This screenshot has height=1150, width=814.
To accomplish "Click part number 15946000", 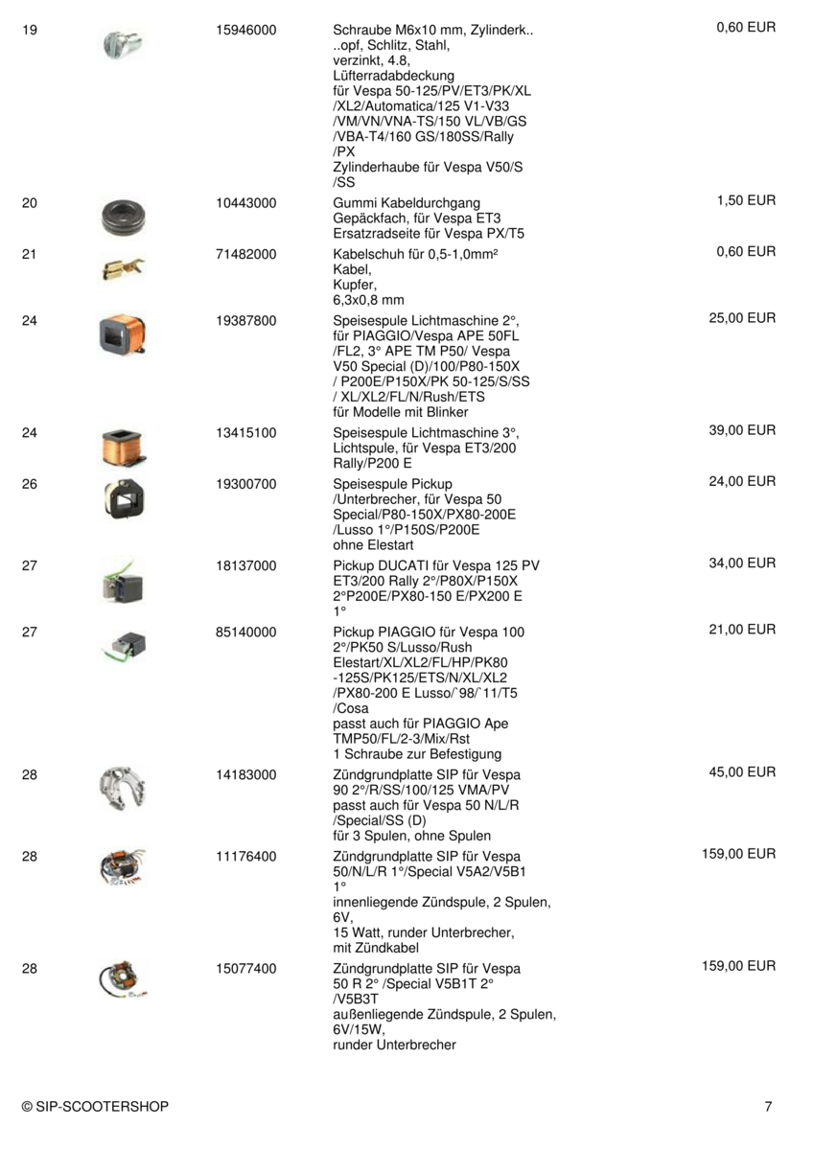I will (246, 30).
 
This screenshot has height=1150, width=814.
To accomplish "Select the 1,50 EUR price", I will (746, 200).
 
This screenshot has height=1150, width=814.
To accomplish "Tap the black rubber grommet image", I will (123, 217).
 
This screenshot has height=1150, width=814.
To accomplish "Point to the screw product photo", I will (123, 42).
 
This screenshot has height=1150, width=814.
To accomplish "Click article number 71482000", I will (246, 252).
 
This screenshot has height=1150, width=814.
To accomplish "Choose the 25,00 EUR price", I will (742, 317).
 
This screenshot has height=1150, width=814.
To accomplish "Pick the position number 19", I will (29, 30).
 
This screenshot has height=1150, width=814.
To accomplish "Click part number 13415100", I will (246, 432).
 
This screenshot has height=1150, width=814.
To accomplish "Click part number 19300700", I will (246, 484).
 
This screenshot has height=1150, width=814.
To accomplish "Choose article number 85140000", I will (246, 632).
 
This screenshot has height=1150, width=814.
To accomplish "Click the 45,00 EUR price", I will (742, 771).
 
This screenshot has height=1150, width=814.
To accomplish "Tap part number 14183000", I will (246, 773).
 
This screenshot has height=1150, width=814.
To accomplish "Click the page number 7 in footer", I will (768, 1107).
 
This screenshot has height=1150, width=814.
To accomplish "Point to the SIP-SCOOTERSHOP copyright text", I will (95, 1107).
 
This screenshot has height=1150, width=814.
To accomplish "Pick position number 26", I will (29, 484).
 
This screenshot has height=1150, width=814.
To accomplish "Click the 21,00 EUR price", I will (742, 630).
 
